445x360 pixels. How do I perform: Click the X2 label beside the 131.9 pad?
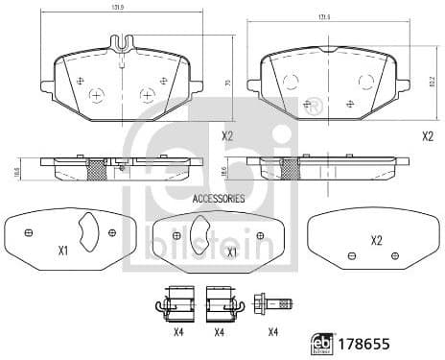(x=227, y=136)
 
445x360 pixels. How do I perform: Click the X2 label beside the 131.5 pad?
(x=428, y=136)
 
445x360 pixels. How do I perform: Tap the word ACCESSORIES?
(x=219, y=199)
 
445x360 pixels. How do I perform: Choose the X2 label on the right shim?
(x=376, y=240)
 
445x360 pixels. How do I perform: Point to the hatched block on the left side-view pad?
(x=95, y=169)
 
